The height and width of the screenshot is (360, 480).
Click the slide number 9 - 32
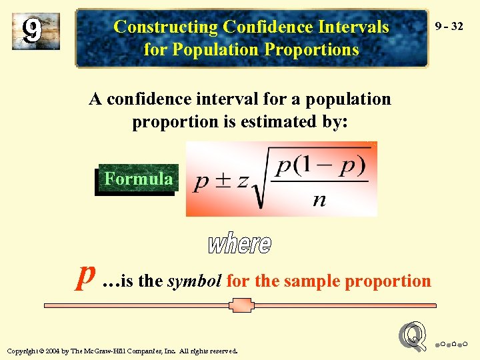coord(448,27)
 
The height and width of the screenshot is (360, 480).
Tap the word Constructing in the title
coord(166,27)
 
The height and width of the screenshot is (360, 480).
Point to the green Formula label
coord(138,179)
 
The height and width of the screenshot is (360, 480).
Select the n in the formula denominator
coord(319,200)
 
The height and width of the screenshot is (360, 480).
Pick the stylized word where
coord(239,243)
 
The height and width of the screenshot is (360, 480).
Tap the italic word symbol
coord(194,281)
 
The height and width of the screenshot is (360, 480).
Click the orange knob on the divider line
coord(240,305)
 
